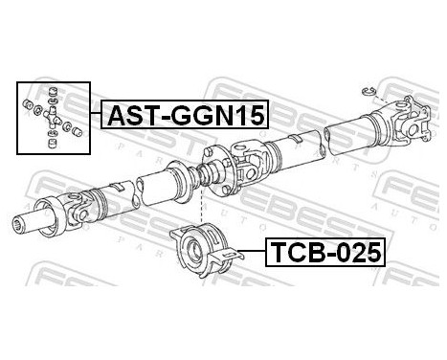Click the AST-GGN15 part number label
pyautogui.click(x=182, y=116)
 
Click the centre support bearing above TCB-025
pyautogui.click(x=202, y=245)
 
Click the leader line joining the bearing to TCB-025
pyautogui.click(x=247, y=251)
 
